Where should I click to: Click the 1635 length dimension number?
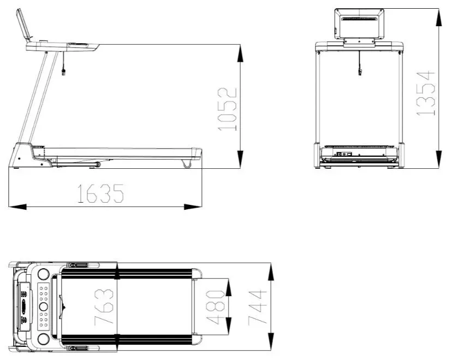pyautogui.click(x=100, y=193)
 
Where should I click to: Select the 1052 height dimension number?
pyautogui.click(x=228, y=109)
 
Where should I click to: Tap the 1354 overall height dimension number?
pyautogui.click(x=426, y=93)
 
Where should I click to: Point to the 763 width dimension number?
pyautogui.click(x=104, y=307)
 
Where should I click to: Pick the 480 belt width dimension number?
pyautogui.click(x=215, y=307)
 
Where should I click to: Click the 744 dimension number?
pyautogui.click(x=258, y=308)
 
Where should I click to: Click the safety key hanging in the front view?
pyautogui.click(x=359, y=71)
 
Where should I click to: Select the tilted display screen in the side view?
pyautogui.click(x=23, y=25)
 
